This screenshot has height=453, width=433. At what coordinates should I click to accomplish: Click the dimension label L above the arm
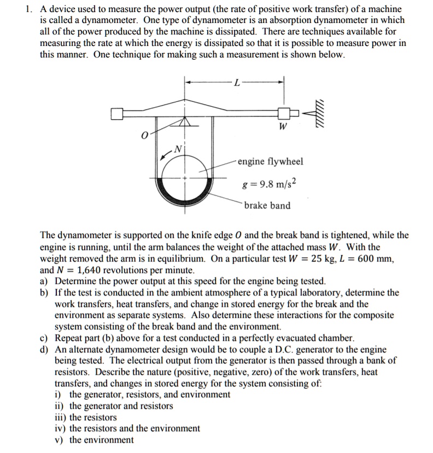coord(236,83)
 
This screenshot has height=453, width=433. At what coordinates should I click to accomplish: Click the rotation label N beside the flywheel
coord(177,149)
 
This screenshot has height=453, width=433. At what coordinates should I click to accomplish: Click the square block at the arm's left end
coord(116,114)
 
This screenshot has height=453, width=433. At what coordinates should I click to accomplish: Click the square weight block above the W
coord(284,114)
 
